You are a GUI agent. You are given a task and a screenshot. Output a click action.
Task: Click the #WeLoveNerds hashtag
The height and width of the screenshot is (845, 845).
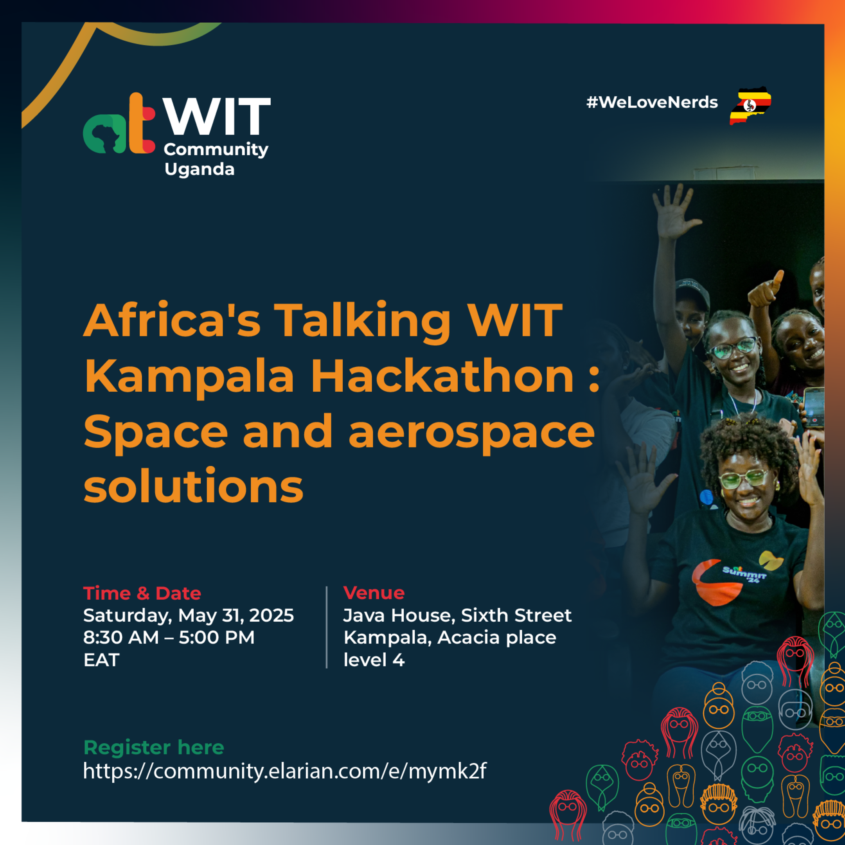(652, 102)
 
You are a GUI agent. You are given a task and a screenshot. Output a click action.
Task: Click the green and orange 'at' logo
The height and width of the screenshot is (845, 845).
(119, 124)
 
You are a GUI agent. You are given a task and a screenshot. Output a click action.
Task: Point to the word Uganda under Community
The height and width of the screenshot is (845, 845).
(200, 169)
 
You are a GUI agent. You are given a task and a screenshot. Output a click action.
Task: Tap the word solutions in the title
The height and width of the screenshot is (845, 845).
(193, 486)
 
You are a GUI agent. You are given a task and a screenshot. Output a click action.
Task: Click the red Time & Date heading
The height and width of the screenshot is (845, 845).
(142, 593)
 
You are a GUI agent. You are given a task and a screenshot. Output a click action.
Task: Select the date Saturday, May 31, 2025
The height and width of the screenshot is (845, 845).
(189, 615)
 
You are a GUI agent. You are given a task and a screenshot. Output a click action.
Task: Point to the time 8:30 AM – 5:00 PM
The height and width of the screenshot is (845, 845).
(169, 637)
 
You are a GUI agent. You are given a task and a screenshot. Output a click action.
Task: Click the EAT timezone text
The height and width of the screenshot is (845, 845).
(101, 660)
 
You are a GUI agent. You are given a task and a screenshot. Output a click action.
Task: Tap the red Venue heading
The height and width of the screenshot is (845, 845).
(374, 593)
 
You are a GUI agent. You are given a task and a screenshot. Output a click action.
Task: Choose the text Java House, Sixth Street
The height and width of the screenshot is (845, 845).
(457, 615)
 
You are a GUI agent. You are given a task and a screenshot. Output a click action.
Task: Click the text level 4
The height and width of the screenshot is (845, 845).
(374, 660)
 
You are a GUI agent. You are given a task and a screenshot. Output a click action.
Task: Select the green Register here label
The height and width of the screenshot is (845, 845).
(153, 748)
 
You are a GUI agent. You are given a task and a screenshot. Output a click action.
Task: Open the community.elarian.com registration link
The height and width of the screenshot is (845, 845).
(285, 771)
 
